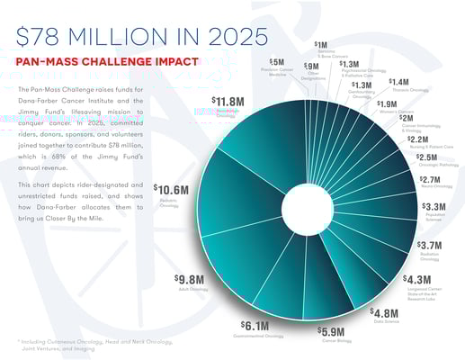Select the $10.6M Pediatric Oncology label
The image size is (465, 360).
click(x=171, y=190)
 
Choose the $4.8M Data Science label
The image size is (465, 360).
click(x=387, y=313)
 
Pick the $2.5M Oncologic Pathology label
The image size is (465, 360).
click(x=428, y=157)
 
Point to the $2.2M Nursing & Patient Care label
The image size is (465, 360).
click(x=417, y=139)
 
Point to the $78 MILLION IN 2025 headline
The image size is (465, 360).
click(x=142, y=35)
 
